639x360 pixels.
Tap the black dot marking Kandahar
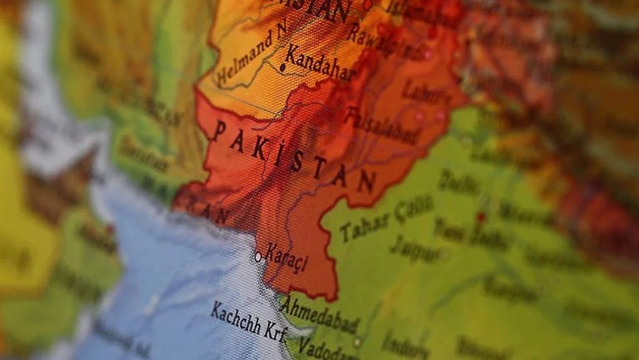[283, 66]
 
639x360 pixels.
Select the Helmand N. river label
[252, 53]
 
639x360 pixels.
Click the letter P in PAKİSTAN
[218, 131]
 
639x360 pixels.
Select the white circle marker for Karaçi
[258, 257]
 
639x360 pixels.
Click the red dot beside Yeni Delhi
[480, 217]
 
